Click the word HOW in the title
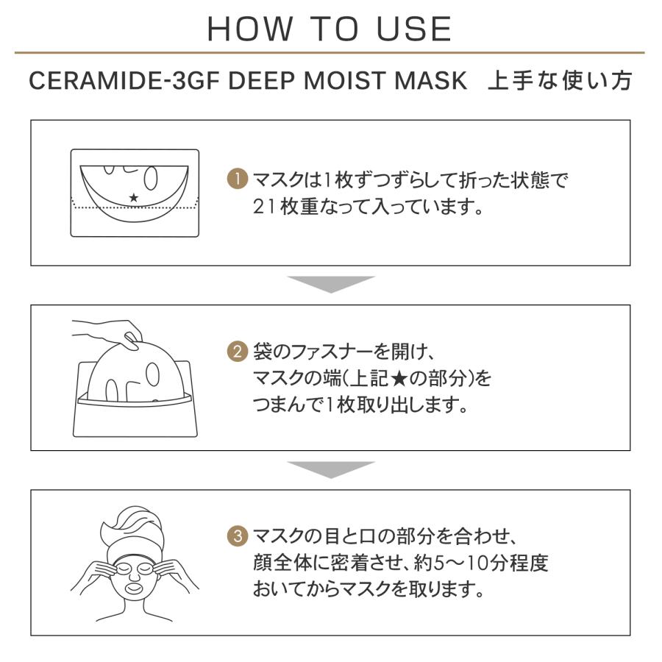coord(250,29)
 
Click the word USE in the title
coord(414,29)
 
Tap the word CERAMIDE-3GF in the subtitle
coord(124,81)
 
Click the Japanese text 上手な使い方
coord(560,81)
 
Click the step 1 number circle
coord(238,179)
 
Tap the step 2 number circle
coord(238,352)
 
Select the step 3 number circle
coord(238,535)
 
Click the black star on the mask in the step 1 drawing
coord(134,197)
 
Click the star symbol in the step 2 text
coord(399,378)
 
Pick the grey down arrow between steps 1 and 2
coord(331,284)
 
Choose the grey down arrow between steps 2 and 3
coord(331,469)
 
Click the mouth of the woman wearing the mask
coord(135,587)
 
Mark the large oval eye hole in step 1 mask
coord(151,178)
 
